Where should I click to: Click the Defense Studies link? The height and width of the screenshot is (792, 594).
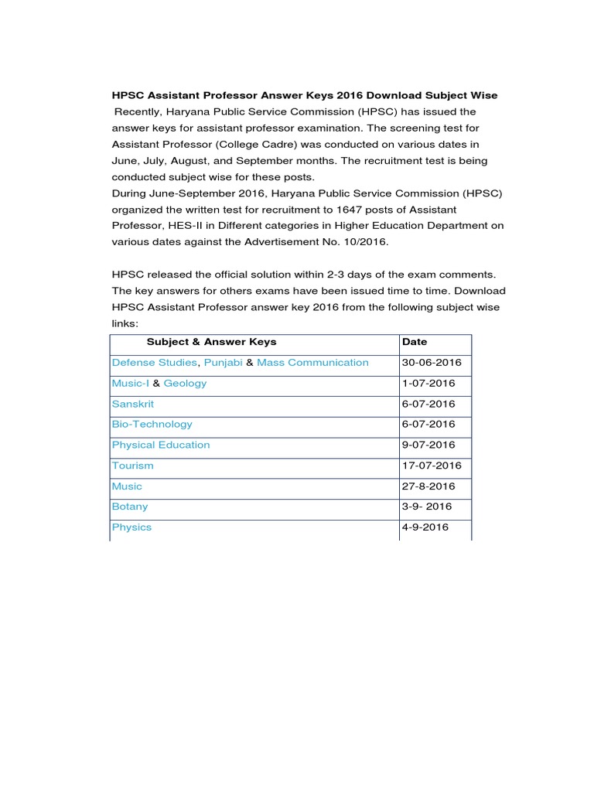click(x=155, y=363)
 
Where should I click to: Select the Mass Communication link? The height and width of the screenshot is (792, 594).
click(x=312, y=363)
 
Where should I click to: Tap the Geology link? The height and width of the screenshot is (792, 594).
click(x=185, y=383)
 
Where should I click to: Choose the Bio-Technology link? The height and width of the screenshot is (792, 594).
click(x=152, y=424)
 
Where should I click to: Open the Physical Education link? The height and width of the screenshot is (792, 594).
click(x=161, y=445)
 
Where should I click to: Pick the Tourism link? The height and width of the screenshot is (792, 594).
click(x=133, y=466)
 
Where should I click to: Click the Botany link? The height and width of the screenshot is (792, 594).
click(x=130, y=507)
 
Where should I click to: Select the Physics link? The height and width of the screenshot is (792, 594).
click(x=131, y=527)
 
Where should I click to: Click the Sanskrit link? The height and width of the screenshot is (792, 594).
click(x=132, y=404)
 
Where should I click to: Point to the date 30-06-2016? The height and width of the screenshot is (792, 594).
click(x=432, y=363)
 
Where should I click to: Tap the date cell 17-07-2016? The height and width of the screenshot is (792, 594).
click(x=432, y=466)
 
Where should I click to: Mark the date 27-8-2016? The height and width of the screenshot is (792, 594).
click(x=428, y=486)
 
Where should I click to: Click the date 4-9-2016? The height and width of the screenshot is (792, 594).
click(x=425, y=527)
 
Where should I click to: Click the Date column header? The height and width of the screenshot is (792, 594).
click(x=415, y=342)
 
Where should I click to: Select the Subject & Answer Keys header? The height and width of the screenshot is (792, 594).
click(x=211, y=342)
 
